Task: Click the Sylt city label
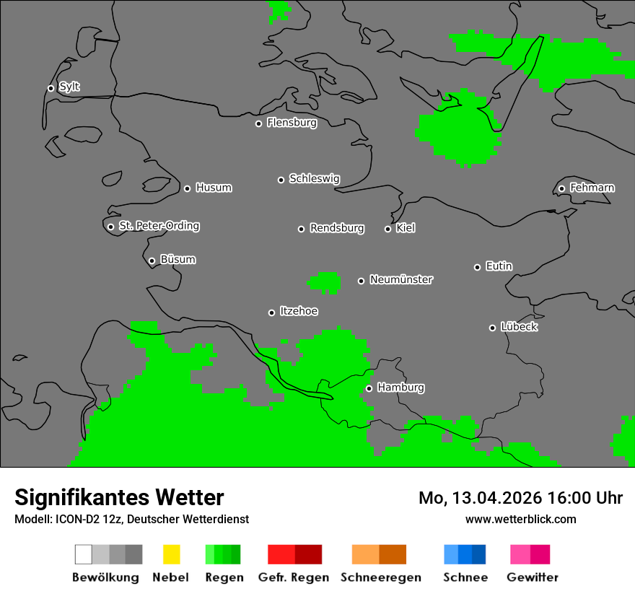coord(69,87)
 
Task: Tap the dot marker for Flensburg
coord(258,123)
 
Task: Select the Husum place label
coord(214,188)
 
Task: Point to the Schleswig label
coord(314,179)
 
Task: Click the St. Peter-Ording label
coord(159,227)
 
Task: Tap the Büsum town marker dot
coord(152,261)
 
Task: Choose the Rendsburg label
coord(336,229)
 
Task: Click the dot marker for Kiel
coord(387,229)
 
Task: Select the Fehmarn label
coord(592,188)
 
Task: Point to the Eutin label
coord(499,267)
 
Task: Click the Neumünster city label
coord(401,280)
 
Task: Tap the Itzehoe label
coord(299,312)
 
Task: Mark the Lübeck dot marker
coord(492,328)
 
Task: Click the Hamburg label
coord(400,388)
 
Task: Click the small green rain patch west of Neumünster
coord(325,282)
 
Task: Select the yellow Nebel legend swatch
coord(171,554)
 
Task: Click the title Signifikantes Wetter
coord(119,497)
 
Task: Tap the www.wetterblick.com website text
coord(520,519)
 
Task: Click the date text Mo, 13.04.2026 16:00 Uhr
coord(520,498)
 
